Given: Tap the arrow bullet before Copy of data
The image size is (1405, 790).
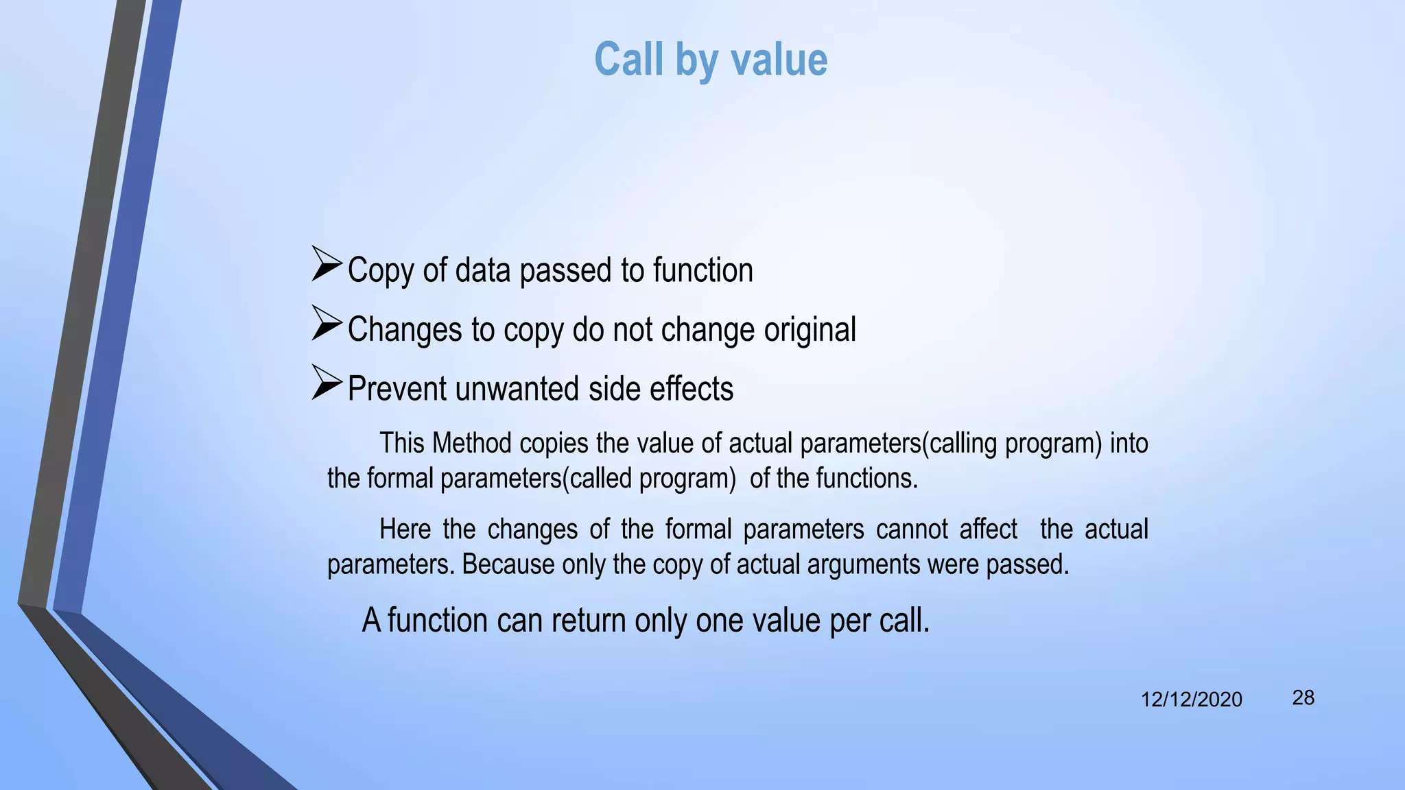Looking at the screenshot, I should [327, 264].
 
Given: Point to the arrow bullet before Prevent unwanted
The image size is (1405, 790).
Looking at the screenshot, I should [327, 383].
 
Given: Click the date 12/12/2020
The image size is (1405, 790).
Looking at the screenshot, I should [1191, 699].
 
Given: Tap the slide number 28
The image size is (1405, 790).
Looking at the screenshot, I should [1303, 698].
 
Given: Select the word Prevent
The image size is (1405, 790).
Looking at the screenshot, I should [397, 389].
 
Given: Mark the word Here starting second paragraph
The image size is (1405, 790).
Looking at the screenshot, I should [405, 529].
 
